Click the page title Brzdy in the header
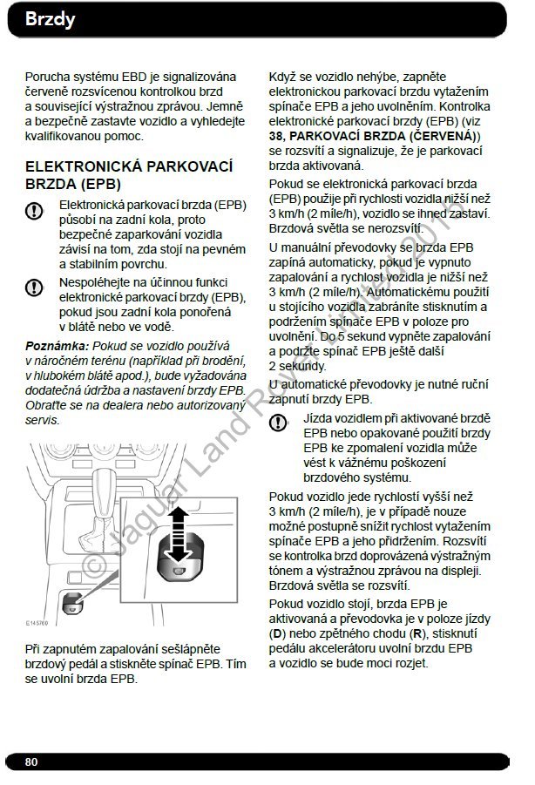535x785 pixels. click(x=51, y=19)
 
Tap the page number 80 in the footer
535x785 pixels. click(x=32, y=761)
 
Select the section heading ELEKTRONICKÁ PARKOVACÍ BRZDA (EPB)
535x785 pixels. click(x=128, y=174)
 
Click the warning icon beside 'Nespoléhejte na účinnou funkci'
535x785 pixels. click(x=34, y=286)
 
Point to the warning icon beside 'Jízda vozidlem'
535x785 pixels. click(x=278, y=423)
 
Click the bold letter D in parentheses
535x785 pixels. click(x=277, y=633)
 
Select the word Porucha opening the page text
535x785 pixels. click(x=49, y=76)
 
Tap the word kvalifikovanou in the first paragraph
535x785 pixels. click(x=65, y=136)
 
